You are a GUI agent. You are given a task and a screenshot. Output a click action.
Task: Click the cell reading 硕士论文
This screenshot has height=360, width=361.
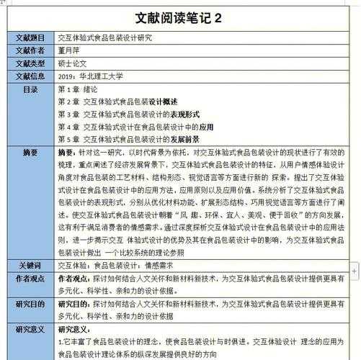73,63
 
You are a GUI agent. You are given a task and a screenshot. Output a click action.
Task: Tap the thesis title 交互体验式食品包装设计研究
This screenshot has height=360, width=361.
104,37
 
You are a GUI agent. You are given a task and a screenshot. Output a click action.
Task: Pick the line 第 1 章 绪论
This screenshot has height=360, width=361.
77,89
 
